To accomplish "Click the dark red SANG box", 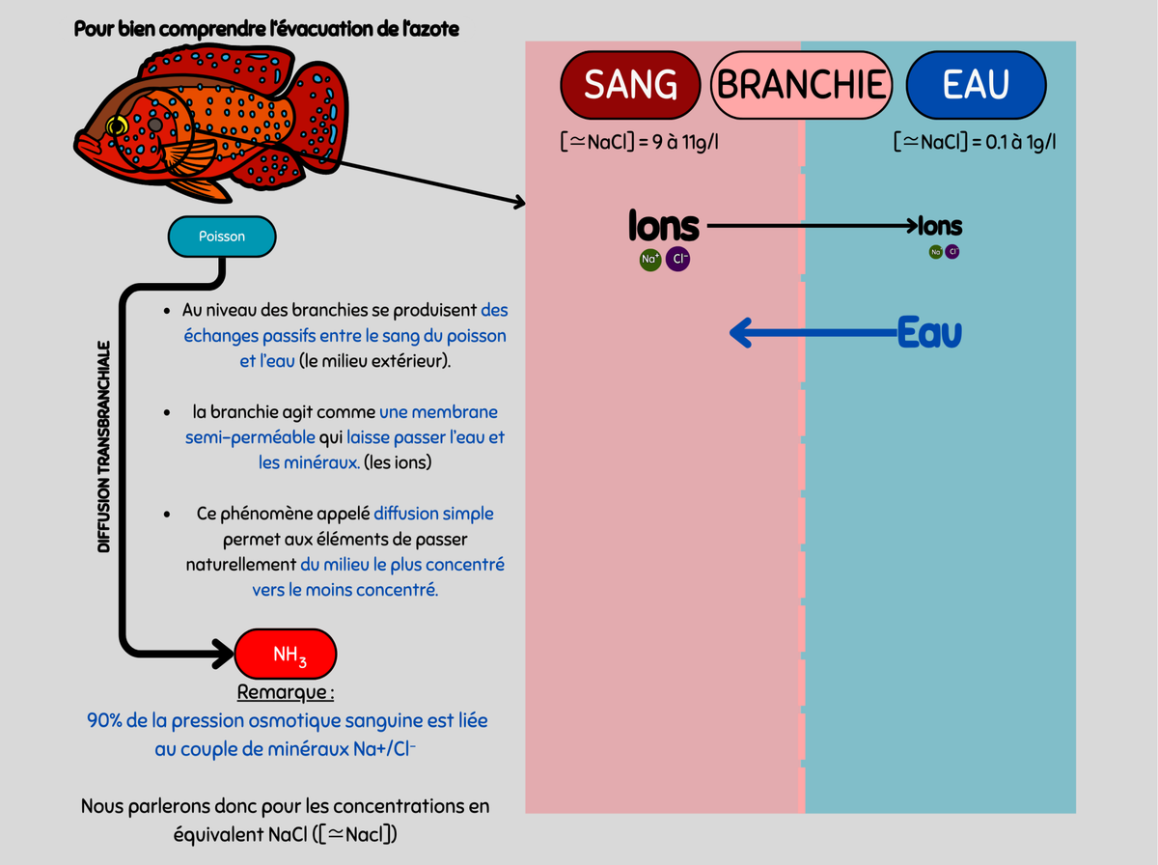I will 630,85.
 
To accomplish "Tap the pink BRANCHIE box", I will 801,85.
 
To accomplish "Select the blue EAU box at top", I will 976,85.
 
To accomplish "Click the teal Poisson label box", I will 222,237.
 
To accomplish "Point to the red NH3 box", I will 287,655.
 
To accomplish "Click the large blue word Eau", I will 929,333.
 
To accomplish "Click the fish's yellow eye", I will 118,126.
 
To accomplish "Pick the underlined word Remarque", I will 286,693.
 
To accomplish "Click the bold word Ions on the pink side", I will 663,227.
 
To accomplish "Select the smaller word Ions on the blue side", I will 940,227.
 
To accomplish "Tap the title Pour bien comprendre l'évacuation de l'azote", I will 266,29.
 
